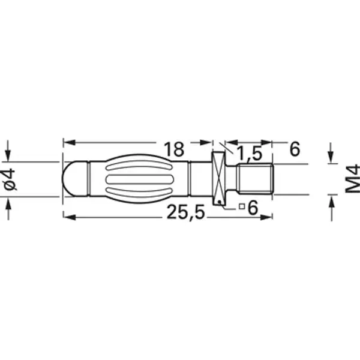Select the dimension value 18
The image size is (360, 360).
(174, 149)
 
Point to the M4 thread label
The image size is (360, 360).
(352, 178)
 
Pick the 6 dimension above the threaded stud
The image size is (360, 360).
(294, 149)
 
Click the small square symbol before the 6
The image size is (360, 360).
(241, 207)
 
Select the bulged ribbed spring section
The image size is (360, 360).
(137, 178)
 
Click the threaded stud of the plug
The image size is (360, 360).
(256, 178)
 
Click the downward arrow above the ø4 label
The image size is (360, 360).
(9, 150)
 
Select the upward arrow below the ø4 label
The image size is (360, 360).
(9, 207)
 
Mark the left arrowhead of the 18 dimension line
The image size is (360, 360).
(68, 143)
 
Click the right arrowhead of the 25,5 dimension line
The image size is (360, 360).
(268, 217)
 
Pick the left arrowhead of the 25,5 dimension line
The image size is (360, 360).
(68, 217)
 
